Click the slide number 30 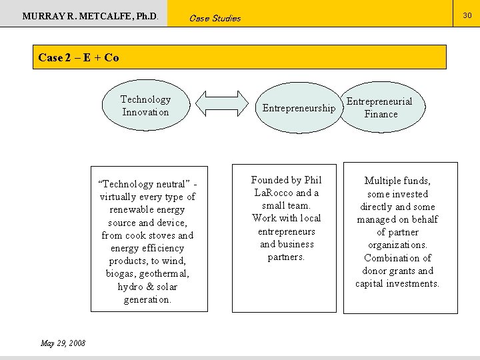[467, 13]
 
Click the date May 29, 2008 [63, 343]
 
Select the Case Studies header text [215, 18]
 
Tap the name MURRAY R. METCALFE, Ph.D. [90, 15]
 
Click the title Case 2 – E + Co [79, 57]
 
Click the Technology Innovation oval [145, 105]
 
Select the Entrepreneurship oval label [299, 108]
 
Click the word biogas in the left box [120, 274]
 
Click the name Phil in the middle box [312, 180]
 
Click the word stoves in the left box [157, 235]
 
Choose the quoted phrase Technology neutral [144, 184]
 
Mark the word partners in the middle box [286, 257]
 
